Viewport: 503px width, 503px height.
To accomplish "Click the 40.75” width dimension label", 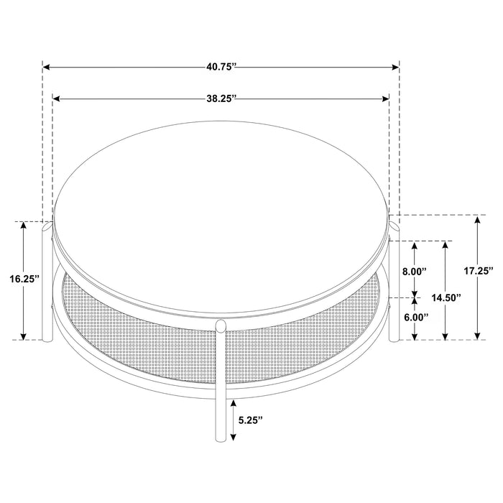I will tap(221, 67).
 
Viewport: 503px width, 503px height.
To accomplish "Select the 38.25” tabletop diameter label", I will tap(221, 99).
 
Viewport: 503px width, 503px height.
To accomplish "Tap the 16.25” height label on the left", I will tap(25, 279).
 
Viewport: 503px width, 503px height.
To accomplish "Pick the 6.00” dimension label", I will tap(414, 317).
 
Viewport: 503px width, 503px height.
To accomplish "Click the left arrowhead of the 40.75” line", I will tap(46, 67).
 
